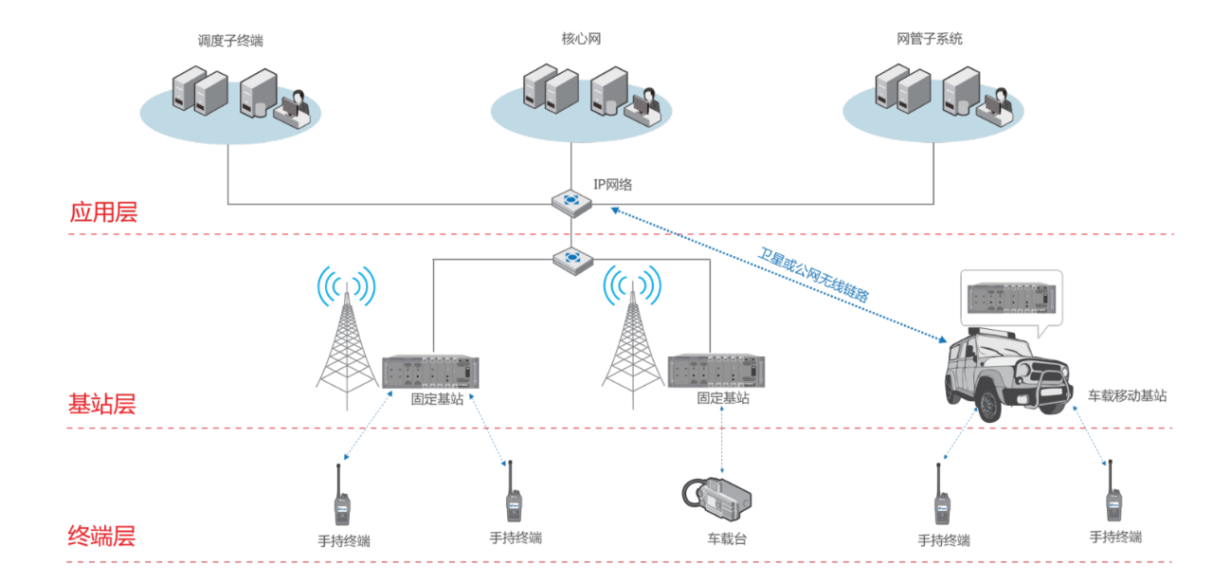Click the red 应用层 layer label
103,212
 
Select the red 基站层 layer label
101,404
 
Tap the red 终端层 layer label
101,537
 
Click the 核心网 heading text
580,39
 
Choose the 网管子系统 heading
929,39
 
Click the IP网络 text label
612,185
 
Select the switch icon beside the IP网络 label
571,201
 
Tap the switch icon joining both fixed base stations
571,258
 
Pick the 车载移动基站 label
1127,395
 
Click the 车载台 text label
726,538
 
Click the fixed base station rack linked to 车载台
716,371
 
